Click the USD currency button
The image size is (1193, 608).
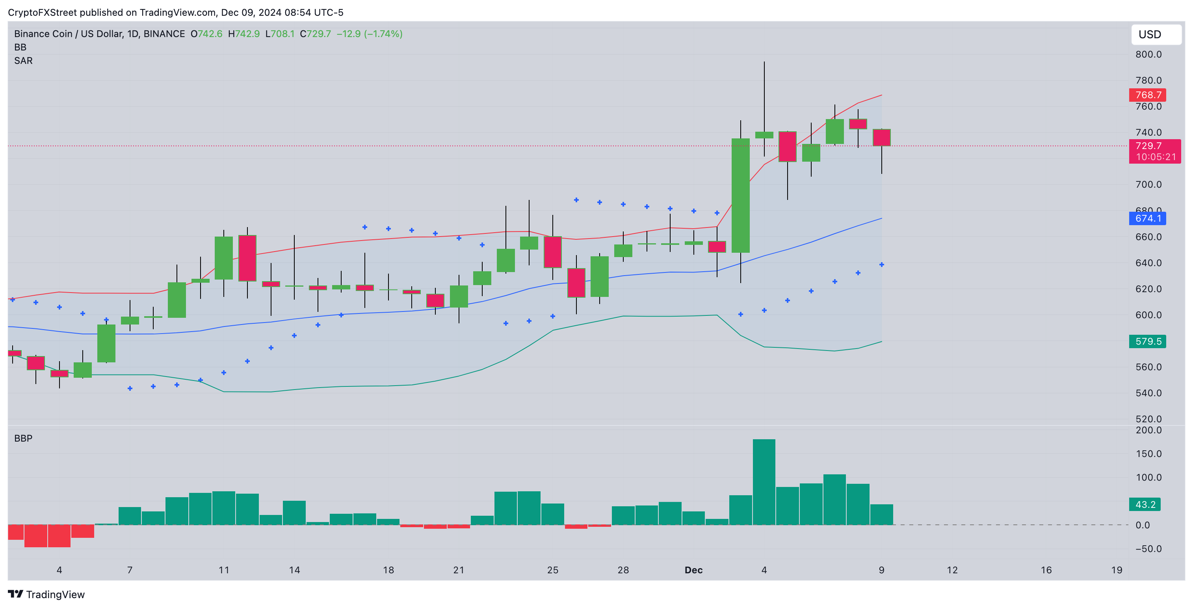coord(1156,35)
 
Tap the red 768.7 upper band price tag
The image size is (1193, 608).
coord(1148,95)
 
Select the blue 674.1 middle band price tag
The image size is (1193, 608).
coord(1148,218)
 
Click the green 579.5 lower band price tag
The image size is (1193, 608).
coord(1148,341)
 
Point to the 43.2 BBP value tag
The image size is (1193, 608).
coord(1145,504)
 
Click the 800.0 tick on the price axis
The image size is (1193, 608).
coord(1148,55)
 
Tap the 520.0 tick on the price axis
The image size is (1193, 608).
coord(1148,419)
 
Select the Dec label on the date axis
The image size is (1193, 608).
coord(693,570)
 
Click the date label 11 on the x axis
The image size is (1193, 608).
coord(224,570)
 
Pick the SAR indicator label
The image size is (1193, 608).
coord(23,61)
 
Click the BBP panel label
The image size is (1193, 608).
coord(23,438)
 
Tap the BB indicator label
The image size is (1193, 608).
coord(20,47)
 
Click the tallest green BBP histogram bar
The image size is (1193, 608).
coord(764,482)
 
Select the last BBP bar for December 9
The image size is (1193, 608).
coord(881,515)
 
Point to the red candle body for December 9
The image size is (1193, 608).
coord(881,138)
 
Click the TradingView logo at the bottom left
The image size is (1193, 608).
coord(46,595)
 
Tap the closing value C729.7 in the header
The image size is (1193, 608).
coord(315,34)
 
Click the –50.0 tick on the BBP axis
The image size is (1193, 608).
coord(1148,549)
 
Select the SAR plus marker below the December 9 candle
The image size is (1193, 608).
coord(881,265)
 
